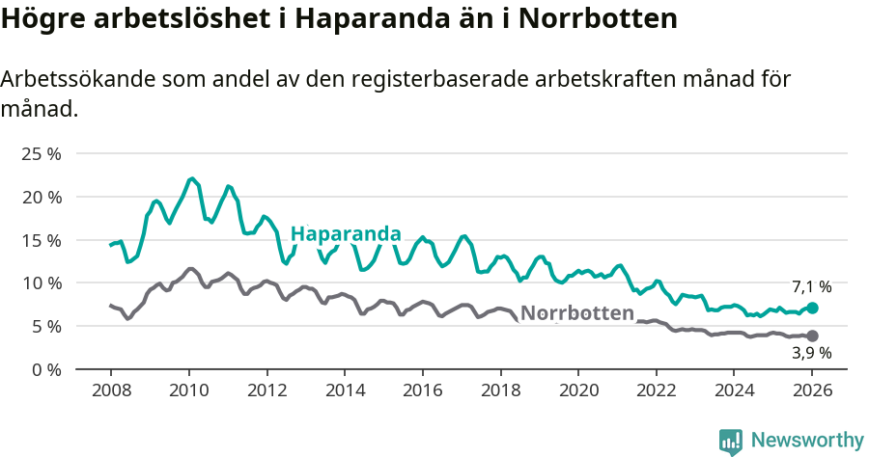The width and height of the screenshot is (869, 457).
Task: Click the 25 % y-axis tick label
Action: point(42,154)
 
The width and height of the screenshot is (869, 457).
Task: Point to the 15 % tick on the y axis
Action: point(42,240)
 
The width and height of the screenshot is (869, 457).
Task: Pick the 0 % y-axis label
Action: point(45,369)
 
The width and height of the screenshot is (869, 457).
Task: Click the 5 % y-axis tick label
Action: point(45,326)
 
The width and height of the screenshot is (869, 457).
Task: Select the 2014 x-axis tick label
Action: point(344,391)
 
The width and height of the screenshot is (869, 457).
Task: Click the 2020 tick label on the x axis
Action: point(577,391)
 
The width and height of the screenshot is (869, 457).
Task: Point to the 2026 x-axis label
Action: point(811,391)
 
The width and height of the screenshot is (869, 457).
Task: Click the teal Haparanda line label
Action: point(346,234)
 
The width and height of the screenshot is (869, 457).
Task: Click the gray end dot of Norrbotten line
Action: point(812,336)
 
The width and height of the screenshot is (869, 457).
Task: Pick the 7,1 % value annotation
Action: point(811,286)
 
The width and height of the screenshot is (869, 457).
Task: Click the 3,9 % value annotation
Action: point(811,354)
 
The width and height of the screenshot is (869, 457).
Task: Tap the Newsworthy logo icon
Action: point(731,442)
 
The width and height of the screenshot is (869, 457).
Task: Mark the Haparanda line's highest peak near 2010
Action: point(192,178)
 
